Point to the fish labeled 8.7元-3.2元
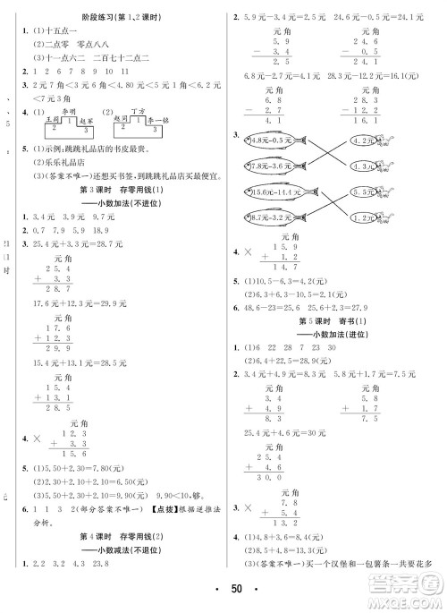271,217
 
